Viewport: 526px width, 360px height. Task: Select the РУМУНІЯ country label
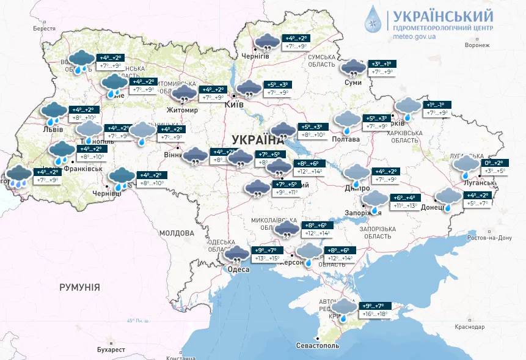80,287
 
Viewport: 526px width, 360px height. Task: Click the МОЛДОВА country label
177,233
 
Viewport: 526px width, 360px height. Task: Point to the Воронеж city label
477,45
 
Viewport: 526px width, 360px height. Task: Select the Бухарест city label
110,350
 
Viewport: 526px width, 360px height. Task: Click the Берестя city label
44,29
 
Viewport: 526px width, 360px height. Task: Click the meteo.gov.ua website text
414,37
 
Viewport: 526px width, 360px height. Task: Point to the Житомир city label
182,111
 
